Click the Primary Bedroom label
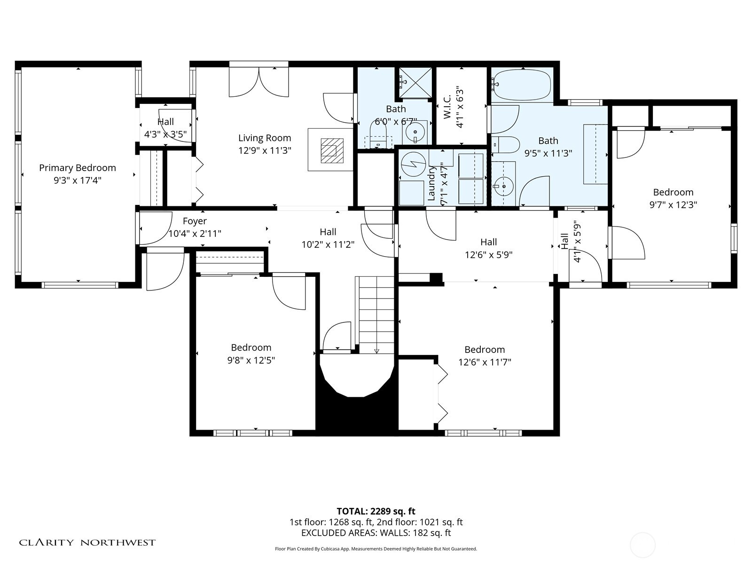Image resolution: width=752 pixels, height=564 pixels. [77, 168]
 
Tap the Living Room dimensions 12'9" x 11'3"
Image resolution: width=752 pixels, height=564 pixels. [265, 150]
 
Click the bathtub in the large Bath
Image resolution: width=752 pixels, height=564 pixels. [522, 85]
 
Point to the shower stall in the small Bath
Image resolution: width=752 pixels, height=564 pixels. [415, 83]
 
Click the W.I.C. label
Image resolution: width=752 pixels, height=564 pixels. [447, 107]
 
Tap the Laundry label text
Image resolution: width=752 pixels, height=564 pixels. [432, 183]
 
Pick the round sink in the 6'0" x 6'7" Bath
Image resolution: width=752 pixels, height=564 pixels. [415, 133]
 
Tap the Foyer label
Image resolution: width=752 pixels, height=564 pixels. [195, 221]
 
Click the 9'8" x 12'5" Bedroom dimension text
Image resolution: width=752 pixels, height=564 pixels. [251, 360]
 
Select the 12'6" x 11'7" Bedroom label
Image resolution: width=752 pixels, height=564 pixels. [485, 350]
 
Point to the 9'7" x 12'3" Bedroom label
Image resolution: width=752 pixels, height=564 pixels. [673, 192]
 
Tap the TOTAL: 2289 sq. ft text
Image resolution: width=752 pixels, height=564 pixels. [376, 511]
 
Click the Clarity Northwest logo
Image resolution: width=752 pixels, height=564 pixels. [87, 542]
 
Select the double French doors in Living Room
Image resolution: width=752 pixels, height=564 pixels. [258, 82]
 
